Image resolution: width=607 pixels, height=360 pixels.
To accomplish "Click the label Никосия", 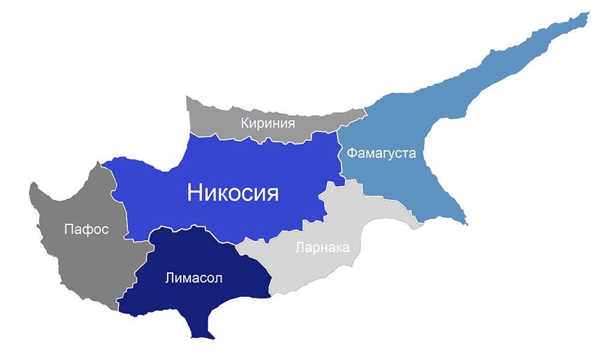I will (x=233, y=192).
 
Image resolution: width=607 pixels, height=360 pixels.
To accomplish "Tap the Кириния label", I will (x=268, y=124).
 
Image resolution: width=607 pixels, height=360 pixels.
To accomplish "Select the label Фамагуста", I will (x=381, y=153).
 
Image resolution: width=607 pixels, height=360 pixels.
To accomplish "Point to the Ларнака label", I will (x=322, y=247).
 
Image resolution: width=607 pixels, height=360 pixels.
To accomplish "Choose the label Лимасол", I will (x=193, y=278).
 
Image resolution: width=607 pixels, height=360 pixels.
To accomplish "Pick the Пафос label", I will (x=86, y=229).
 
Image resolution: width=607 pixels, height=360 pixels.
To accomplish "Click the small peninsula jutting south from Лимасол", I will (x=199, y=330).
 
